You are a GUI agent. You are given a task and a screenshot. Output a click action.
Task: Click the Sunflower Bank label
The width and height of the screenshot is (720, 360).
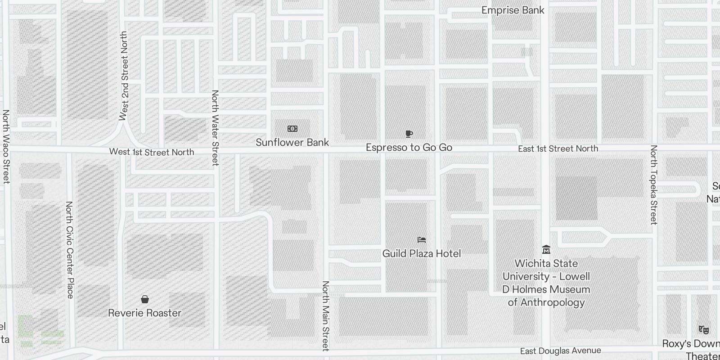tap(292, 143)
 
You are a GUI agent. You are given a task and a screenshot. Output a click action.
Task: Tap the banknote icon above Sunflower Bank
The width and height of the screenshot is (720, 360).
tap(292, 129)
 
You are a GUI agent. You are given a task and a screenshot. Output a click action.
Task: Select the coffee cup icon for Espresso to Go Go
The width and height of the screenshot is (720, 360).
tap(409, 134)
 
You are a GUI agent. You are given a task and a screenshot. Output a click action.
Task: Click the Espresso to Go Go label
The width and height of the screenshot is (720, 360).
tap(409, 148)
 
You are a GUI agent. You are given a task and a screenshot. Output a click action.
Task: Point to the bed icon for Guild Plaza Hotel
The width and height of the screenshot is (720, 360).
tap(422, 240)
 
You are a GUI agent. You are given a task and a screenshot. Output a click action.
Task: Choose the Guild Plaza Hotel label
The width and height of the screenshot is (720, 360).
tap(422, 254)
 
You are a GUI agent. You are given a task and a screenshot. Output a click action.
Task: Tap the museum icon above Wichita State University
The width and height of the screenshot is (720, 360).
tap(546, 249)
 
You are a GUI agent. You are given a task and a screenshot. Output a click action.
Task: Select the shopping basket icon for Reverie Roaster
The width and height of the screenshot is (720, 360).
tap(145, 299)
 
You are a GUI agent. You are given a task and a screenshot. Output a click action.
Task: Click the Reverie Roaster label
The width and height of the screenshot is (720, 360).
tap(145, 313)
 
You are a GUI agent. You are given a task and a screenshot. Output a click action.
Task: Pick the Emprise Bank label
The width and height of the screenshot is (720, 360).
tap(513, 10)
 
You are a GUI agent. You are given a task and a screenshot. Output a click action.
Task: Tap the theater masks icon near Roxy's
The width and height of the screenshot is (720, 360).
tap(704, 330)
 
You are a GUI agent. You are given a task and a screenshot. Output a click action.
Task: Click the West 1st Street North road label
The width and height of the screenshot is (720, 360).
tap(152, 152)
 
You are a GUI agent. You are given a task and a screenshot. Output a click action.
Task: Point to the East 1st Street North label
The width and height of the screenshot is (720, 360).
tap(558, 149)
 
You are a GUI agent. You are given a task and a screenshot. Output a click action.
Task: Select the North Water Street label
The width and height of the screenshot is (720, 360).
tap(215, 128)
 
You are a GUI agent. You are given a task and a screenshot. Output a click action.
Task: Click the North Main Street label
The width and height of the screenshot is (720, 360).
tap(326, 316)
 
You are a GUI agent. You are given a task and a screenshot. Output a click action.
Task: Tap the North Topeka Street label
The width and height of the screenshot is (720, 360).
tap(654, 184)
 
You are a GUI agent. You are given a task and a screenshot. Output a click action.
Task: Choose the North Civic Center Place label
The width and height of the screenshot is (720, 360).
tap(70, 250)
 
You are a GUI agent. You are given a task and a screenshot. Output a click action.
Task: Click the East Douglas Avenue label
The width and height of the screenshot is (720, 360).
tap(561, 351)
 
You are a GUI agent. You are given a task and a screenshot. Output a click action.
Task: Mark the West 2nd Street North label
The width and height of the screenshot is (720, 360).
tap(124, 76)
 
